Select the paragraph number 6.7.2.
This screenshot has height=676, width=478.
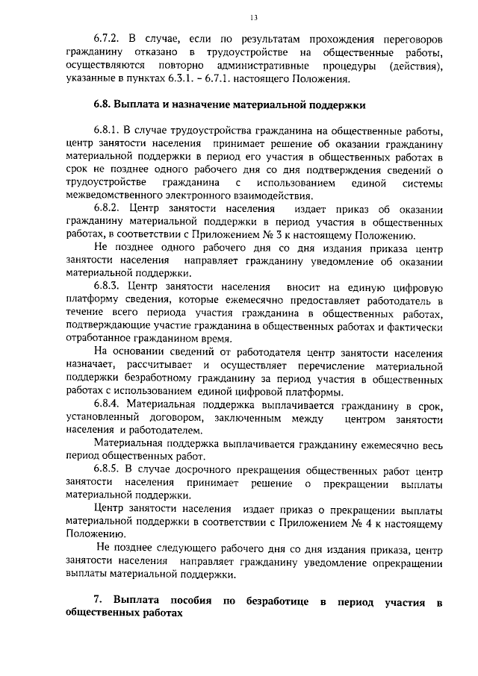point(107,37)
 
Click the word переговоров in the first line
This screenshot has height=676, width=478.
point(406,37)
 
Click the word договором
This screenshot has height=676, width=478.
point(176,419)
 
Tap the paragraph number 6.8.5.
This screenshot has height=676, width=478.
point(107,469)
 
